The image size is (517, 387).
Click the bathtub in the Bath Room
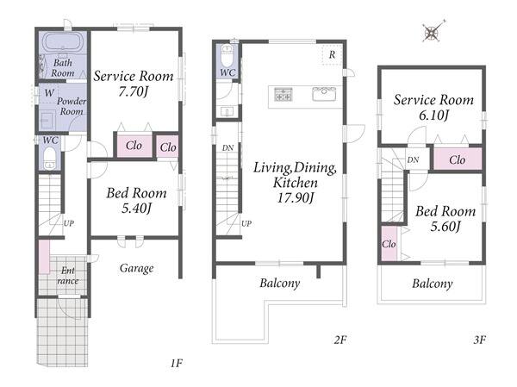point(63,42)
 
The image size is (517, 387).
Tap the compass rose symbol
point(433,33)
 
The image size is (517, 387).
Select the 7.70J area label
point(133,91)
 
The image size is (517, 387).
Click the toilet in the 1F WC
point(49,158)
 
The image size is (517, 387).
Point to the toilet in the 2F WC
point(227,56)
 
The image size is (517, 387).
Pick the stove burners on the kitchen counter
point(283,94)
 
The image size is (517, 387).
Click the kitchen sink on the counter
point(324,94)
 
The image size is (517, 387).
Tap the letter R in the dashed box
point(332,55)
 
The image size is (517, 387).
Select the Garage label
point(136,268)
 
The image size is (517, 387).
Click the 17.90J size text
point(295,198)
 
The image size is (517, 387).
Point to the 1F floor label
point(177,363)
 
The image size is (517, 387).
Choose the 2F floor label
point(340,340)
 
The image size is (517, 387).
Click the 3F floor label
point(479,340)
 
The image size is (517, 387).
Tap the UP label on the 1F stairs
point(69,223)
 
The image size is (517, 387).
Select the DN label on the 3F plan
point(413,160)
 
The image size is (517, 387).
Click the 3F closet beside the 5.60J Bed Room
point(389,243)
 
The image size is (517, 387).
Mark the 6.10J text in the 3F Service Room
point(433,115)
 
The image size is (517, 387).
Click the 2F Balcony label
point(279,283)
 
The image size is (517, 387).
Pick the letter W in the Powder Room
point(49,93)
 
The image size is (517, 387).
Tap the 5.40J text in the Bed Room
point(136,209)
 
